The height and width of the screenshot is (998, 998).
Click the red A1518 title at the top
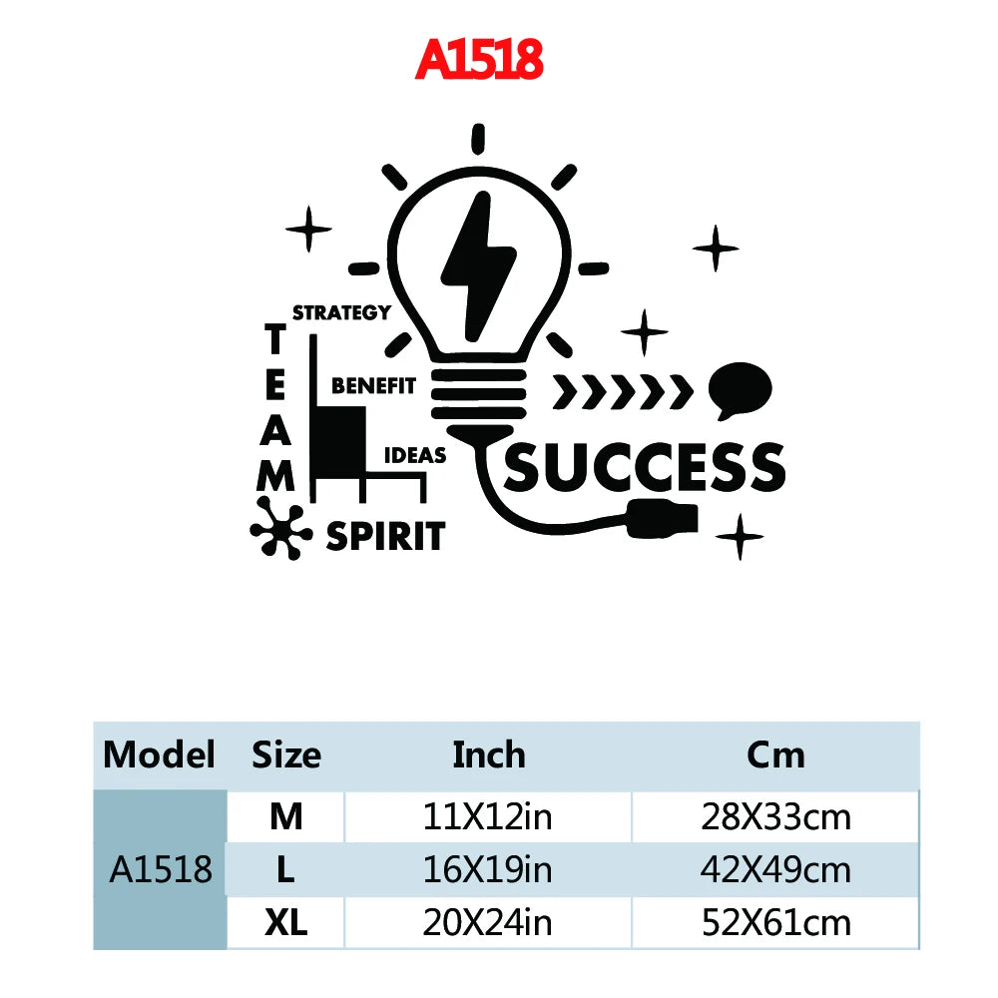tap(479, 59)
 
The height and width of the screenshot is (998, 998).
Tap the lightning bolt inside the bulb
tap(479, 267)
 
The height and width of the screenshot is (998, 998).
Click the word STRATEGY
tap(341, 312)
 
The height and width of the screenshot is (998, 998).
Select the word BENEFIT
tap(373, 385)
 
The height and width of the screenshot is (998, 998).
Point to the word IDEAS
tap(415, 456)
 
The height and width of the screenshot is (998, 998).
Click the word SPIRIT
tap(385, 536)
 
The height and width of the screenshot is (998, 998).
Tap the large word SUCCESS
tap(645, 467)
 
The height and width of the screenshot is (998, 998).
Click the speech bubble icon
tap(741, 389)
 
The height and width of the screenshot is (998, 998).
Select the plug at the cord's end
tap(663, 518)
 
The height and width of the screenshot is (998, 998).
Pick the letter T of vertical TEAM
tap(275, 338)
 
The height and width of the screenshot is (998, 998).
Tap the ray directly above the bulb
tap(478, 139)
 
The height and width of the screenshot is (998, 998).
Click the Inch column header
tap(489, 755)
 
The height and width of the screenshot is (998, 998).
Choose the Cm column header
tap(775, 755)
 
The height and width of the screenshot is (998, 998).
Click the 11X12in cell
tap(488, 817)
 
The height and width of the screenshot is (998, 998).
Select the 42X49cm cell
tap(775, 870)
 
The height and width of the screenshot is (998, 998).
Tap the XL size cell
tap(285, 923)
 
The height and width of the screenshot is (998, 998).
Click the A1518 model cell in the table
tap(161, 869)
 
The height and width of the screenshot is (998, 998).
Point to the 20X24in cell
tap(488, 923)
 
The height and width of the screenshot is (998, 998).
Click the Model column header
tap(159, 755)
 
